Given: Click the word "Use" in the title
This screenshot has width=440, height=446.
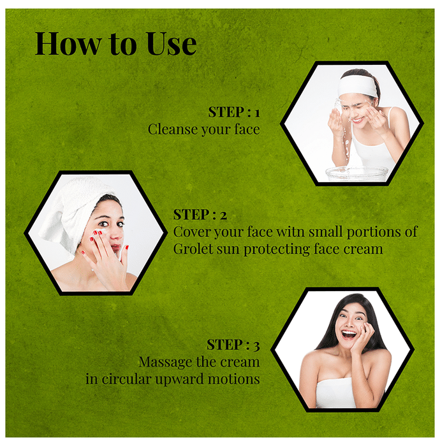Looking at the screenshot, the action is click(x=172, y=43).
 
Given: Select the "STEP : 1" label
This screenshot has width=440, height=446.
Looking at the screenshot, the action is click(x=234, y=111).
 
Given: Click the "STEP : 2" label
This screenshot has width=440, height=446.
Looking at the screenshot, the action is click(x=200, y=215).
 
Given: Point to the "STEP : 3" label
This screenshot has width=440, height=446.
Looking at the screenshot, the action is click(x=233, y=345).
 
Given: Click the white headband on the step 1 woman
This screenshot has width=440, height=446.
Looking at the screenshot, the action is click(x=357, y=85).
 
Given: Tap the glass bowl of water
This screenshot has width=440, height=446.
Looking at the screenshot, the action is click(x=356, y=173).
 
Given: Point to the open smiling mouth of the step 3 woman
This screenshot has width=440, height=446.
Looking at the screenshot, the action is click(x=349, y=334).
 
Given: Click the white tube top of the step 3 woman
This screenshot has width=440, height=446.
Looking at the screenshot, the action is click(x=336, y=392).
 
